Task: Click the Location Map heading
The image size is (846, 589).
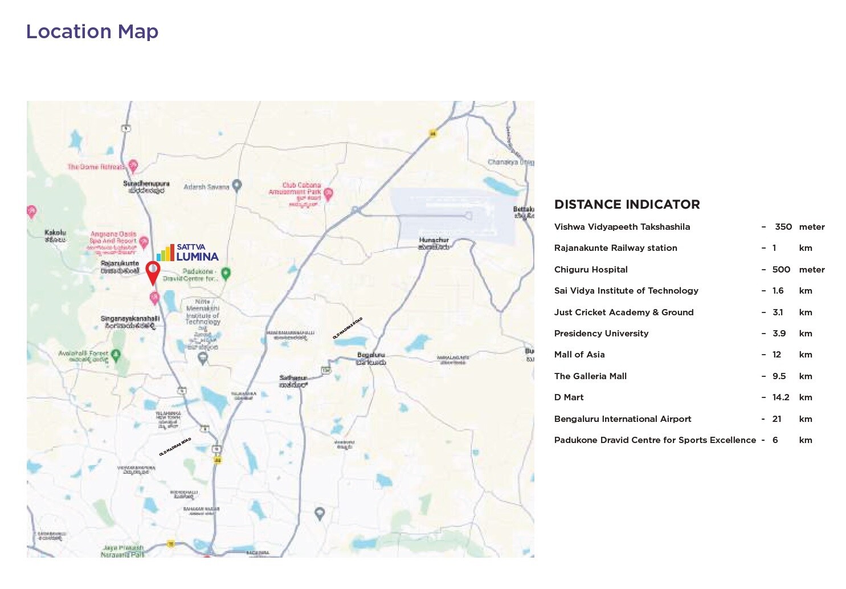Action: pos(92,32)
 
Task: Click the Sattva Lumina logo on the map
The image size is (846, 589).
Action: pos(188,252)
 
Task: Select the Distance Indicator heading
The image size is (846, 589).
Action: pos(627,205)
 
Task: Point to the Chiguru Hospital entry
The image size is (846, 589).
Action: pos(591,270)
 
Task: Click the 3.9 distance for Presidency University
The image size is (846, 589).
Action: pos(779,334)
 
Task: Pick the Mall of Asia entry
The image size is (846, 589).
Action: pos(579,355)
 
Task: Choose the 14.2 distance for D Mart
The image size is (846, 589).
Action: pos(780,397)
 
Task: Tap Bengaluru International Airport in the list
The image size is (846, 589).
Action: pos(623,419)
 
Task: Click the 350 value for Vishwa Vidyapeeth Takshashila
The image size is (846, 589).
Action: pos(783,227)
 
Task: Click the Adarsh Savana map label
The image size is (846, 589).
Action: pos(206,186)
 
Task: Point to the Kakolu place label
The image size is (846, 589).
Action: pos(55,233)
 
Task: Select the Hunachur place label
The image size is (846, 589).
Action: pos(434,240)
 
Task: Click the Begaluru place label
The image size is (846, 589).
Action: pos(371,355)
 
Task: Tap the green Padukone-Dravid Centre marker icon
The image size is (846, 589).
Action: pos(226,273)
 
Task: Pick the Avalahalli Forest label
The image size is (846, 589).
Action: pos(83,354)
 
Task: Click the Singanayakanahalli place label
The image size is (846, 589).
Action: pos(130,319)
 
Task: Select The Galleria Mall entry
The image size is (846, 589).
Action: pos(590,376)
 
